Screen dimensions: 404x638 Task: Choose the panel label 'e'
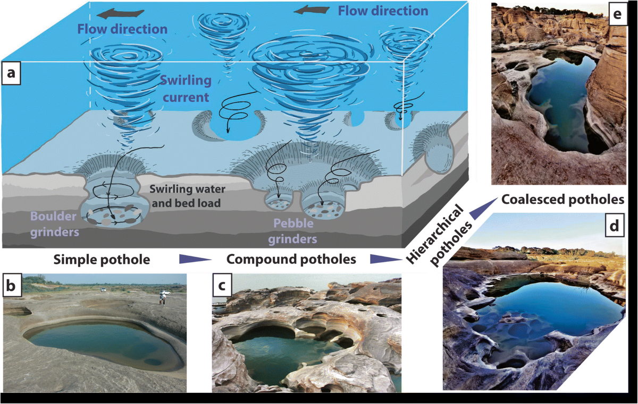tap(616, 15)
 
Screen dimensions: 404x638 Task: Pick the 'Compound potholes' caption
tap(291, 260)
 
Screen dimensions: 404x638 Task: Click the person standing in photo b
tap(162, 295)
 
